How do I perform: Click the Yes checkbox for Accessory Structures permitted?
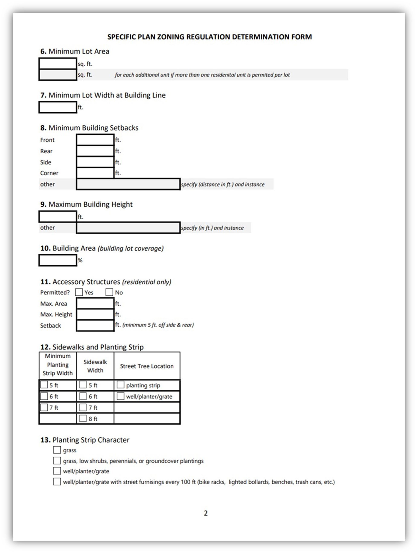(x=79, y=292)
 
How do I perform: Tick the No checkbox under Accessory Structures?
(x=109, y=292)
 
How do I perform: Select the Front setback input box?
(x=95, y=140)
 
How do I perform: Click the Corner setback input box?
(x=95, y=173)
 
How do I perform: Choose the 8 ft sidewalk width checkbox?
(x=83, y=418)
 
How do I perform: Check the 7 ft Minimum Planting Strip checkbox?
(x=44, y=407)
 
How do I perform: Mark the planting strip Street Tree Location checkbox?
(x=120, y=385)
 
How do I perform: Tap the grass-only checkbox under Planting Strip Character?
(x=57, y=450)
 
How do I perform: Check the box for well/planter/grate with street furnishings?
(x=57, y=482)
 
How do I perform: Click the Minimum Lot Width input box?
(x=58, y=107)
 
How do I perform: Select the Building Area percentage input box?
(x=58, y=260)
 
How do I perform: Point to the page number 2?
(x=206, y=513)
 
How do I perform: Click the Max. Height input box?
(x=95, y=314)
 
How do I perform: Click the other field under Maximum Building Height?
(x=128, y=228)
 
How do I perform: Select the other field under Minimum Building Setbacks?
(x=128, y=184)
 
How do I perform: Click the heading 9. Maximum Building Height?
(x=86, y=204)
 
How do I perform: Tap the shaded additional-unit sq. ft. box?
(x=58, y=75)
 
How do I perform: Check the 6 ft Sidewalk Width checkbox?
(x=83, y=396)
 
